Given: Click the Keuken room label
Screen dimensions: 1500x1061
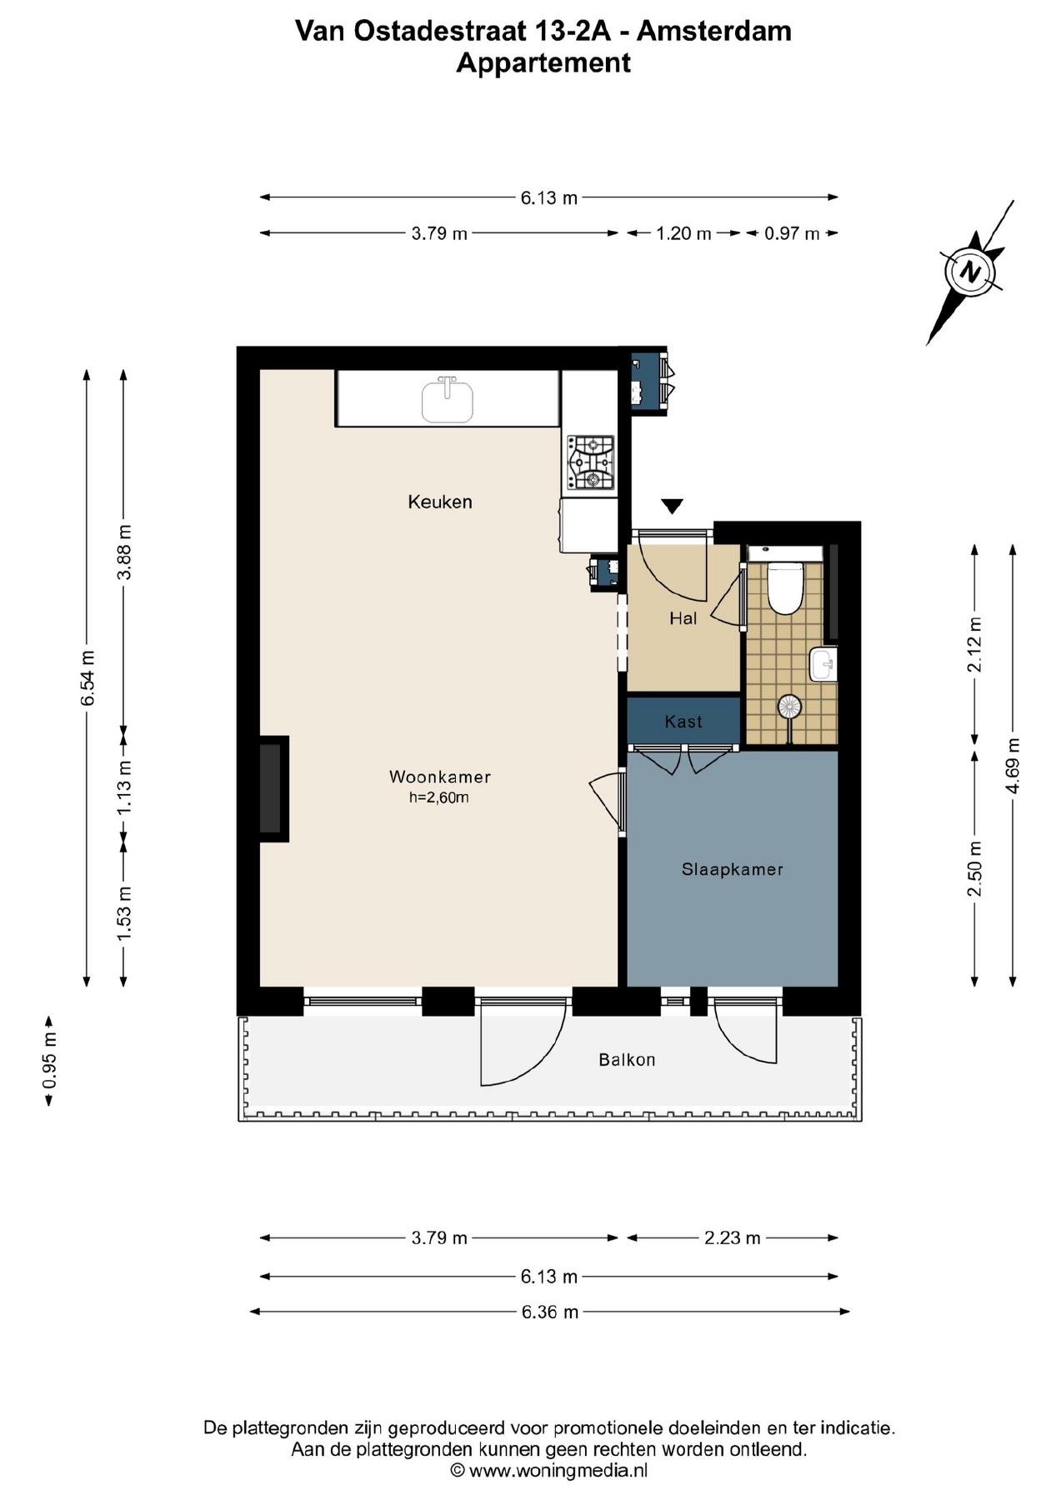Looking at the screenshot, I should tap(439, 502).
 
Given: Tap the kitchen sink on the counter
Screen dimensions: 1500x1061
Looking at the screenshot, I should tap(448, 400).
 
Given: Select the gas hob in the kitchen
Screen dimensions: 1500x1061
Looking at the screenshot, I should tap(591, 462).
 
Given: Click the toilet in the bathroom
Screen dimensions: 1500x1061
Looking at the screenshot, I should tap(783, 587).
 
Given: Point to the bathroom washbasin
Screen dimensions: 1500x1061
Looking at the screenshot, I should tap(823, 665).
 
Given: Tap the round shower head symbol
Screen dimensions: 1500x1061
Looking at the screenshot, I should tap(789, 707).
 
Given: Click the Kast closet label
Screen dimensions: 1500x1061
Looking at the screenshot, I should tap(683, 722).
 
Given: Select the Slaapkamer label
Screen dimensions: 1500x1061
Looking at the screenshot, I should tap(732, 869).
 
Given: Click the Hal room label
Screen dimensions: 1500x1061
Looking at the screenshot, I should tap(683, 618).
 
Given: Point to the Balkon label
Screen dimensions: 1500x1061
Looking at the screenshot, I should tap(627, 1060).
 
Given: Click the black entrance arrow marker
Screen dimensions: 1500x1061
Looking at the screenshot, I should tap(673, 506).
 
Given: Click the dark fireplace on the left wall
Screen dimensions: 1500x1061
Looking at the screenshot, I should tap(272, 788).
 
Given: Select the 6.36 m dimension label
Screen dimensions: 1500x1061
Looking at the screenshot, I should tap(549, 1312).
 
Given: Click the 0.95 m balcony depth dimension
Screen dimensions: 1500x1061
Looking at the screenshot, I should tap(50, 1061).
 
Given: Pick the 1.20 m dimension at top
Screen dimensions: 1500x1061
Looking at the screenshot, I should tap(683, 233).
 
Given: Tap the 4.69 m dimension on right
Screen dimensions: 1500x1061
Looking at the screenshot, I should tap(1013, 765).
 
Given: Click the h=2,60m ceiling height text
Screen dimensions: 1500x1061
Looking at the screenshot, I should tap(438, 797).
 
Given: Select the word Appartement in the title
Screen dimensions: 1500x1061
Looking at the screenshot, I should tap(543, 62).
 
